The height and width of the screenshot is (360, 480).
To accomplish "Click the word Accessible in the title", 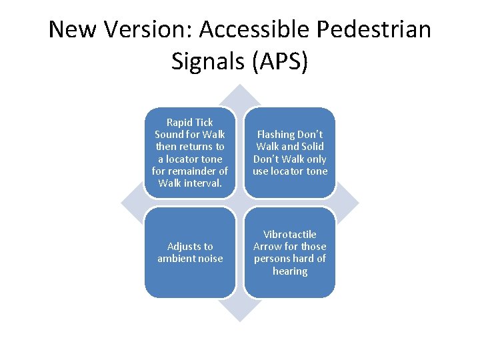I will (x=253, y=30).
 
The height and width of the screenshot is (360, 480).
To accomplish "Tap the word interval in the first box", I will (x=201, y=183).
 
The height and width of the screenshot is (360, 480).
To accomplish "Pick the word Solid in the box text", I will (x=312, y=147).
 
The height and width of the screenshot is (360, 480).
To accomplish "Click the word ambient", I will (x=176, y=259).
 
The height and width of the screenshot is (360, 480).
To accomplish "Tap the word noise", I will (x=210, y=259).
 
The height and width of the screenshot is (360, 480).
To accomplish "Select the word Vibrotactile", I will (x=290, y=235).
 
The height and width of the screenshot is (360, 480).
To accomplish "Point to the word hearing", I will (x=290, y=271).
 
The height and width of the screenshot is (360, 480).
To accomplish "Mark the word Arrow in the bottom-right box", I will (x=268, y=247).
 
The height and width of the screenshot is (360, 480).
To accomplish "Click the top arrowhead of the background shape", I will (x=240, y=93).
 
